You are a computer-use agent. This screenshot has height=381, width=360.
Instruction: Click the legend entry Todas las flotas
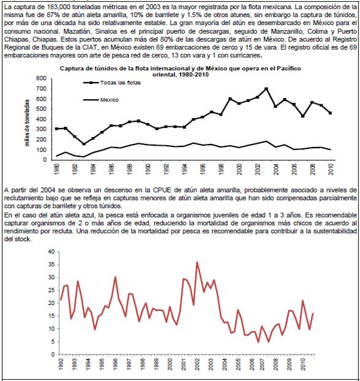[112, 83]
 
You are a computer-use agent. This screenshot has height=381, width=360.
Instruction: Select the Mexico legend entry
[101, 100]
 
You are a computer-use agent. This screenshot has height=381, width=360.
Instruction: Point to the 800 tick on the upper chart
[41, 78]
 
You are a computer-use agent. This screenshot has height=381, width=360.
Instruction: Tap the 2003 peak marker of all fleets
[266, 89]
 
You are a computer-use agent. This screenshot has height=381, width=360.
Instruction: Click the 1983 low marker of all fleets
[84, 144]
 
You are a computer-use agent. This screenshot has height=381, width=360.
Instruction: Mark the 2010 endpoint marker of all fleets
[331, 113]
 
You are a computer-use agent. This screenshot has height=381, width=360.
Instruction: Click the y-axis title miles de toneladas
[27, 123]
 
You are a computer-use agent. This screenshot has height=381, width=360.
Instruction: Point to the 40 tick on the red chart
[51, 252]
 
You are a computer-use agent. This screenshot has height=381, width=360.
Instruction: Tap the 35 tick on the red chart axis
[51, 265]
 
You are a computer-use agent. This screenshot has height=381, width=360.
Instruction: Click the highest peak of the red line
[197, 262]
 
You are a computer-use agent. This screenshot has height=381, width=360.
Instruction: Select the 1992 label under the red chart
[61, 364]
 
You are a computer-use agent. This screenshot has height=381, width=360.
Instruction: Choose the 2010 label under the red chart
[303, 364]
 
